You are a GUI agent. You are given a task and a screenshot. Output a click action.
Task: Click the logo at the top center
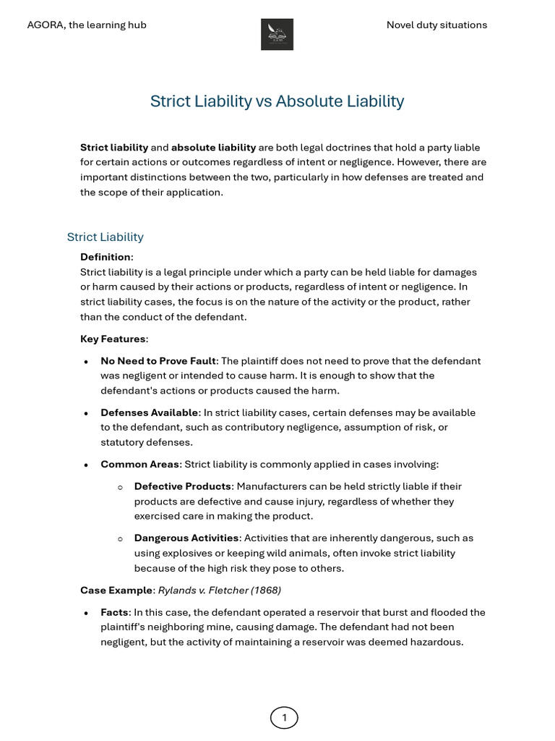coord(277,34)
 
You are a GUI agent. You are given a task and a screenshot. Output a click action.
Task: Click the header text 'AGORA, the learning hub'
coord(87,25)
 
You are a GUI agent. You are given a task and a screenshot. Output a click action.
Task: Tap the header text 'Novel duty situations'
coord(436,25)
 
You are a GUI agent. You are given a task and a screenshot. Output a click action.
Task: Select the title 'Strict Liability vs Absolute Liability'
coord(277,101)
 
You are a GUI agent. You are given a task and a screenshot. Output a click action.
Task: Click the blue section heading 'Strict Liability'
coord(105,237)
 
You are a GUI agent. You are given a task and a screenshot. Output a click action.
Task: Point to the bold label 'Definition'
coord(106,257)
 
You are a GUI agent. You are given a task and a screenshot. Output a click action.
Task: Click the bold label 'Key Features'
coord(113,339)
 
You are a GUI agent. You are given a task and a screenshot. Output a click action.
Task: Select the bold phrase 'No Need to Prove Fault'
coord(158,360)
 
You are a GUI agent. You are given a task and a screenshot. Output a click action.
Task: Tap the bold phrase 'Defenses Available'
coord(149,412)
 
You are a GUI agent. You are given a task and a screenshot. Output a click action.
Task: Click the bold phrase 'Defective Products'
coord(183,486)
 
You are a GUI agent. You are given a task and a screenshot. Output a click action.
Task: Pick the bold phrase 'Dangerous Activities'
coord(186,538)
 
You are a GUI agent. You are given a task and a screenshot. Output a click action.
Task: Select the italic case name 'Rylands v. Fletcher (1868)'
coord(220,590)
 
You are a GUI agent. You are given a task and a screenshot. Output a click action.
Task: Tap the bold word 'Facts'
coord(114,612)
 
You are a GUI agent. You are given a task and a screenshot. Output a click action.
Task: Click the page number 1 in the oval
coord(284,717)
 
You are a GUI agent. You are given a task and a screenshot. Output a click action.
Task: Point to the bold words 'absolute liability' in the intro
coord(213,148)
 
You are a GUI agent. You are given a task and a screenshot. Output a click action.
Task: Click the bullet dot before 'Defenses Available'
coord(87,413)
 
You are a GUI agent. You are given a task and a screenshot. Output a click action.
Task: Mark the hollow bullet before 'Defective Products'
coord(121,487)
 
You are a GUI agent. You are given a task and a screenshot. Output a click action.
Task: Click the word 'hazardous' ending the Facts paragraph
coord(436,642)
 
